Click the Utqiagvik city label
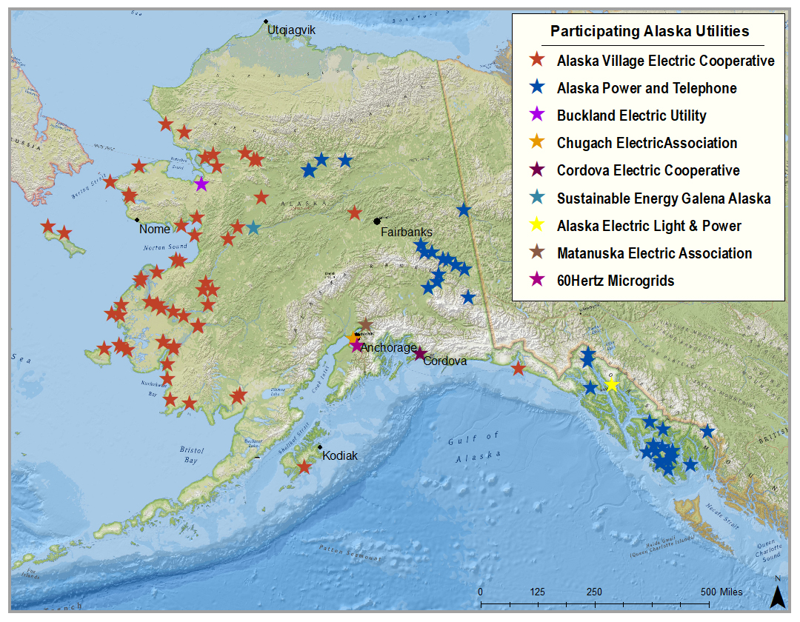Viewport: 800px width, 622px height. (x=292, y=30)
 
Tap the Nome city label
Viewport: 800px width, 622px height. (x=154, y=230)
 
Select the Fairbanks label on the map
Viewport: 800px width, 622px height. (x=407, y=232)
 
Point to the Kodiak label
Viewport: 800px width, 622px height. (x=339, y=456)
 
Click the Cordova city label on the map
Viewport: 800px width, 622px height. (x=444, y=361)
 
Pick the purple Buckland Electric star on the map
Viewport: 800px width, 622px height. (x=201, y=184)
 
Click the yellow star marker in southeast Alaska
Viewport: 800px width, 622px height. (x=611, y=384)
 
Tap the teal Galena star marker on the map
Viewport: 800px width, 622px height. (x=253, y=227)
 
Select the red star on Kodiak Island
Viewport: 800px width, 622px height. (x=304, y=466)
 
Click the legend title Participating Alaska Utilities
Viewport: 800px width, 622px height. (x=649, y=31)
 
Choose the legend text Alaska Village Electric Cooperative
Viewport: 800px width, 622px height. (x=665, y=61)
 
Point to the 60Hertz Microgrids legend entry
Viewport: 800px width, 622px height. (x=615, y=280)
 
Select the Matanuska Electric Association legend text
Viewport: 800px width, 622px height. (x=654, y=253)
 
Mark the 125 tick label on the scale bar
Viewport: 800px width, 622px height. (x=538, y=592)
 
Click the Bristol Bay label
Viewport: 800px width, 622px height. (x=191, y=455)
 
